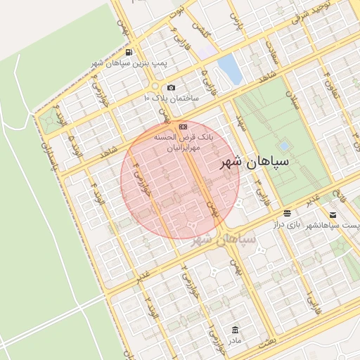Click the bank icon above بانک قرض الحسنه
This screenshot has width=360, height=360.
point(184,127)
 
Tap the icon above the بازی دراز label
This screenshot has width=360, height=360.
point(287,213)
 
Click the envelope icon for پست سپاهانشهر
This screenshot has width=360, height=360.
point(333,214)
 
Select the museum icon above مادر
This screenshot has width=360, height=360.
point(234,329)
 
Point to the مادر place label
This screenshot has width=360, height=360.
point(234,340)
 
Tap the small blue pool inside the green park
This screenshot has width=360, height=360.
point(284,146)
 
